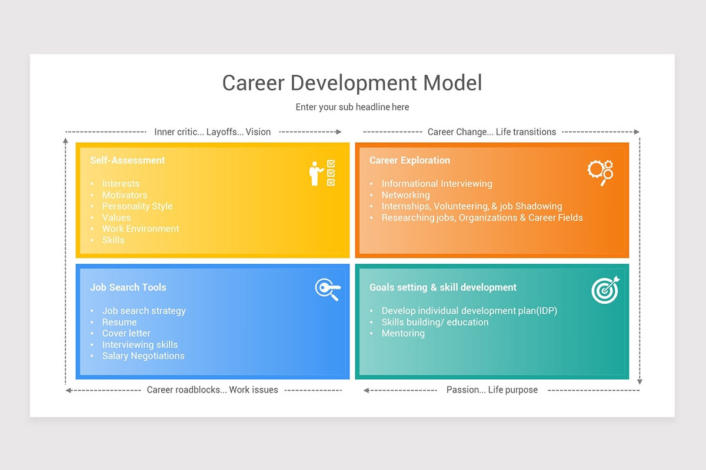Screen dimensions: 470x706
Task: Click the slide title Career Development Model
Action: [x=352, y=83]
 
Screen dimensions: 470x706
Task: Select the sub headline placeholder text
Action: [x=352, y=107]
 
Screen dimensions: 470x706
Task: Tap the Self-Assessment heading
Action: [x=127, y=160]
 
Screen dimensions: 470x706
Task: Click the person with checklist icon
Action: [x=322, y=173]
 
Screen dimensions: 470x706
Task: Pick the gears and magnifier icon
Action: [x=600, y=172]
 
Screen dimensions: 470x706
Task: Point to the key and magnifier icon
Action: [x=327, y=290]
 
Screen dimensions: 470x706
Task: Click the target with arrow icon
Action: [x=605, y=290]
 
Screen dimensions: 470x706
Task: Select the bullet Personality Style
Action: [x=137, y=206]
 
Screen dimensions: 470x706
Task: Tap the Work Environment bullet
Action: [x=141, y=229]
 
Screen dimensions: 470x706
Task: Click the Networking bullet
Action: [x=405, y=195]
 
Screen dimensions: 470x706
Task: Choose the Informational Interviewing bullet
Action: [x=437, y=184]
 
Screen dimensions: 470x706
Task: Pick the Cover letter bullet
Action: [x=126, y=333]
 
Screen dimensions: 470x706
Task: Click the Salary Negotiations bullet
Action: [x=143, y=355]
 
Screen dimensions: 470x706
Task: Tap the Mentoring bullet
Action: [x=403, y=333]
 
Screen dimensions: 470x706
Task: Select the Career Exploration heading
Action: [x=409, y=160]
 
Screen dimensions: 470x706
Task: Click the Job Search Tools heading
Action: [x=128, y=287]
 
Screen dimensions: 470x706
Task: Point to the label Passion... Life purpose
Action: [x=492, y=390]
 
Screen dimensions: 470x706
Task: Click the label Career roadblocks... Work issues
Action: [x=212, y=390]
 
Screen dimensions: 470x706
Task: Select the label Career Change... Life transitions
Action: [x=491, y=132]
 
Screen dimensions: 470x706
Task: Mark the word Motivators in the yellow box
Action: [x=125, y=195]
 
